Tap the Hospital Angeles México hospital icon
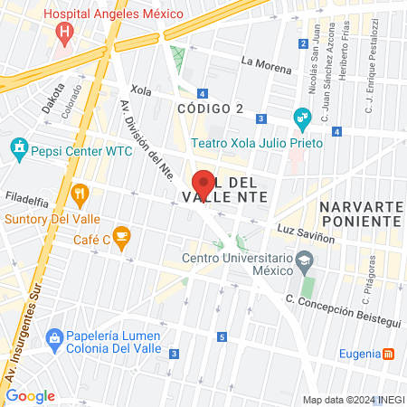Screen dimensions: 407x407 (x=64, y=34)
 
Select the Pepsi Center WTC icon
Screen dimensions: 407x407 (x=19, y=147)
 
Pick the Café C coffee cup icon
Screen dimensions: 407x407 (x=122, y=238)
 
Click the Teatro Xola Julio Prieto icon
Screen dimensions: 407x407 (x=302, y=117)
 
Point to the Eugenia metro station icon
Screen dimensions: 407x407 (x=388, y=353)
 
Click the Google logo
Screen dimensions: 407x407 (x=31, y=395)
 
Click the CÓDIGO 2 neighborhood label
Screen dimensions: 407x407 (x=211, y=109)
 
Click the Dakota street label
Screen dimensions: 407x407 (x=48, y=103)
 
